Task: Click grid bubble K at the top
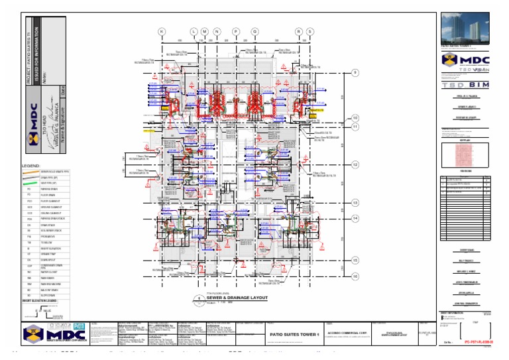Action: (162, 31)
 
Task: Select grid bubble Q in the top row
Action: (254, 31)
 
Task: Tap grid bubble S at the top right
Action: (310, 31)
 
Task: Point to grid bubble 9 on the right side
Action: (355, 72)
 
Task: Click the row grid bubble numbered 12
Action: (355, 164)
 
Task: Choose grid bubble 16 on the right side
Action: (355, 276)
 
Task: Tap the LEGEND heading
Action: (32, 166)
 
